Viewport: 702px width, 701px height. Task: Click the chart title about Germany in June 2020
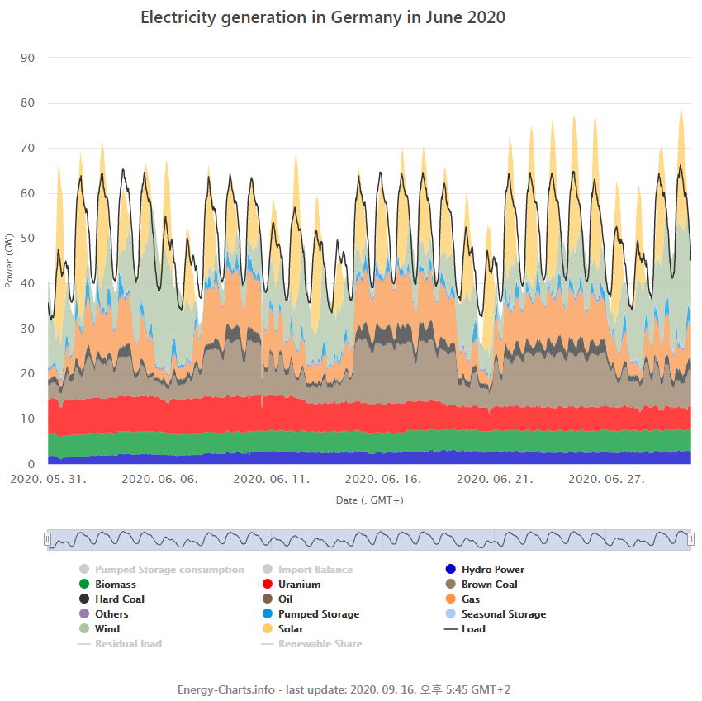tap(323, 17)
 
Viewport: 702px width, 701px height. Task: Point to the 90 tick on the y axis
tap(29, 58)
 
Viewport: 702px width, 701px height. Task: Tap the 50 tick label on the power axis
tap(29, 239)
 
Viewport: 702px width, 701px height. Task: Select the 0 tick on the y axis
tap(31, 464)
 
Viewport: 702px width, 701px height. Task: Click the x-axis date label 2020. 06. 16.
tap(382, 479)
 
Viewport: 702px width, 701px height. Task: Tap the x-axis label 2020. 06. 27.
tap(606, 479)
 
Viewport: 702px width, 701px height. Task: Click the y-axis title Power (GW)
tap(9, 261)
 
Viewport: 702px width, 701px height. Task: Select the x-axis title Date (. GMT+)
tap(369, 500)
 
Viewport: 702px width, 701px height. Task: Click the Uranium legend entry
tap(299, 585)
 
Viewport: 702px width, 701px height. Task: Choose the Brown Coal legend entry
tap(489, 585)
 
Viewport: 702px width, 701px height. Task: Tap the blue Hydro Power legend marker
tap(450, 570)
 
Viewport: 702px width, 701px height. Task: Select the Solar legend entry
tap(290, 629)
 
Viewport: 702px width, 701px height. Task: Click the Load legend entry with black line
tap(473, 629)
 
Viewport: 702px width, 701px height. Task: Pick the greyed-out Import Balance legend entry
tap(315, 570)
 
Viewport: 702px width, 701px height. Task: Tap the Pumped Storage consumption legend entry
tap(169, 570)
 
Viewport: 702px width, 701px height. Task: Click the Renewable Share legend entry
tap(320, 644)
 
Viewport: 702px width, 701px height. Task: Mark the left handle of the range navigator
tap(48, 539)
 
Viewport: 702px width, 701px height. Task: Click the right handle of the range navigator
tap(690, 539)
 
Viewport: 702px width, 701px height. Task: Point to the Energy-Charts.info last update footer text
tap(349, 689)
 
